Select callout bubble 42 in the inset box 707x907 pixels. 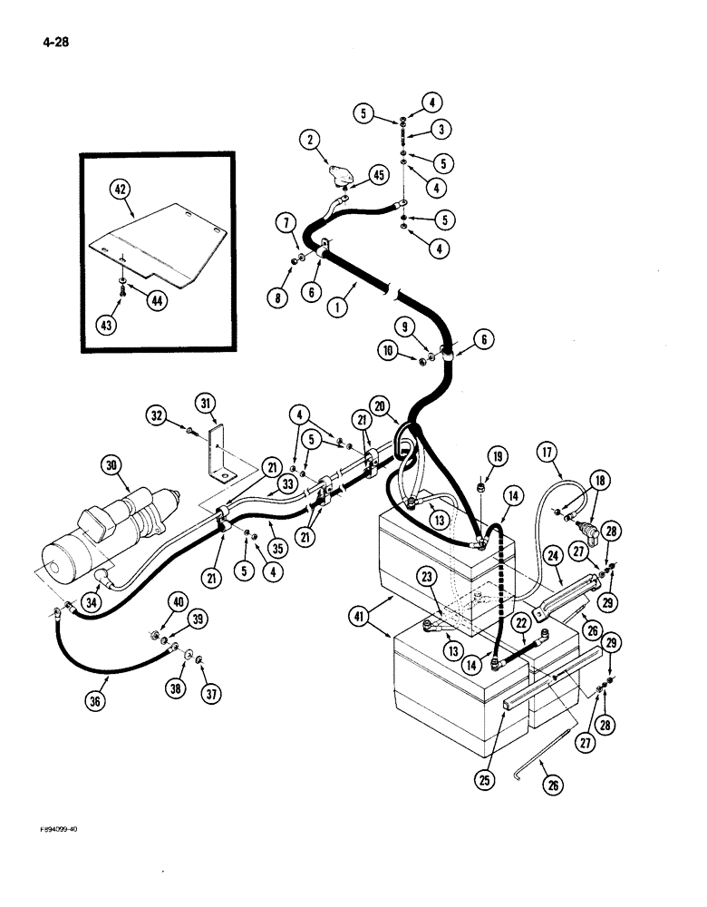click(x=121, y=190)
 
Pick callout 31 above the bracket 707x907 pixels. click(x=205, y=403)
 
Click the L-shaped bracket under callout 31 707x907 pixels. click(x=218, y=457)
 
